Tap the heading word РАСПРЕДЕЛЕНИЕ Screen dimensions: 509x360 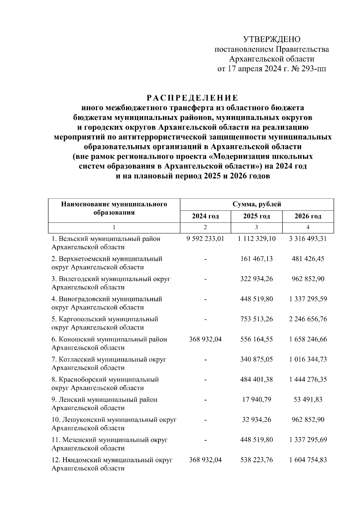coord(192,98)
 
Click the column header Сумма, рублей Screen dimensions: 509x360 coord(257,205)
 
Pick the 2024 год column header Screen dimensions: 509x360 coord(205,216)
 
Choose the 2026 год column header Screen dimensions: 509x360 coord(308,216)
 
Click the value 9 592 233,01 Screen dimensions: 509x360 coord(205,239)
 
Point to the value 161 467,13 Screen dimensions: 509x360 coord(256,259)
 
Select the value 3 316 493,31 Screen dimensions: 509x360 coord(308,239)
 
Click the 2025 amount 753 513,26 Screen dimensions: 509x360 coord(256,319)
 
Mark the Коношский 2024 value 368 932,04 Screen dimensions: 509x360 coord(205,339)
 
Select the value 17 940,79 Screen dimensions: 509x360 coord(256,400)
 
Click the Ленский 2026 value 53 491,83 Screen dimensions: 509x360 coord(308,400)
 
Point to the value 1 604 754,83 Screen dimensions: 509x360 coord(308,460)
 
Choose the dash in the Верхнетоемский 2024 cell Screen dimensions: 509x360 coord(205,259)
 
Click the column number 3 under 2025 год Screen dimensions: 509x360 coord(256,228)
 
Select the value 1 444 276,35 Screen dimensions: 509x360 coord(308,379)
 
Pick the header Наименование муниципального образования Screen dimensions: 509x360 coord(114,208)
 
